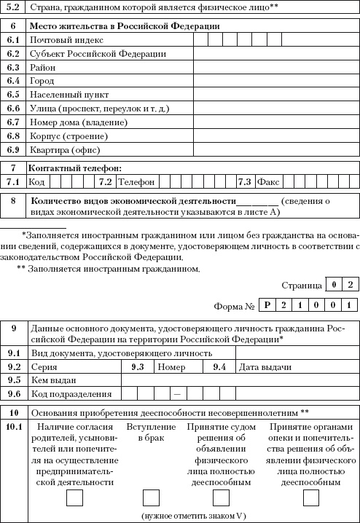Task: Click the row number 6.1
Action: click(13, 40)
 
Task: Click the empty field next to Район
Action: click(275, 68)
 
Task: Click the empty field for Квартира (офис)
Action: click(275, 150)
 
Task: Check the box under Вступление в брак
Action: click(151, 498)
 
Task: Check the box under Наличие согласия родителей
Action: click(74, 498)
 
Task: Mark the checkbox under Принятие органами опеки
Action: click(311, 498)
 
